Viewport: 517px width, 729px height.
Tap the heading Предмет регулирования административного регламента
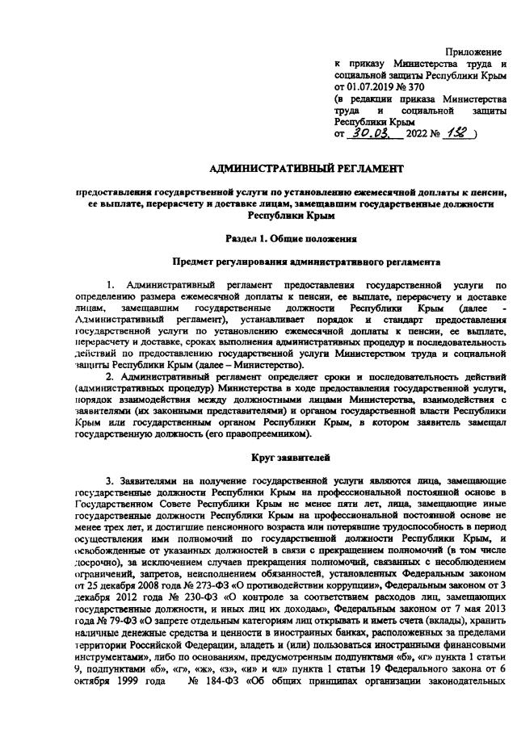pos(307,262)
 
